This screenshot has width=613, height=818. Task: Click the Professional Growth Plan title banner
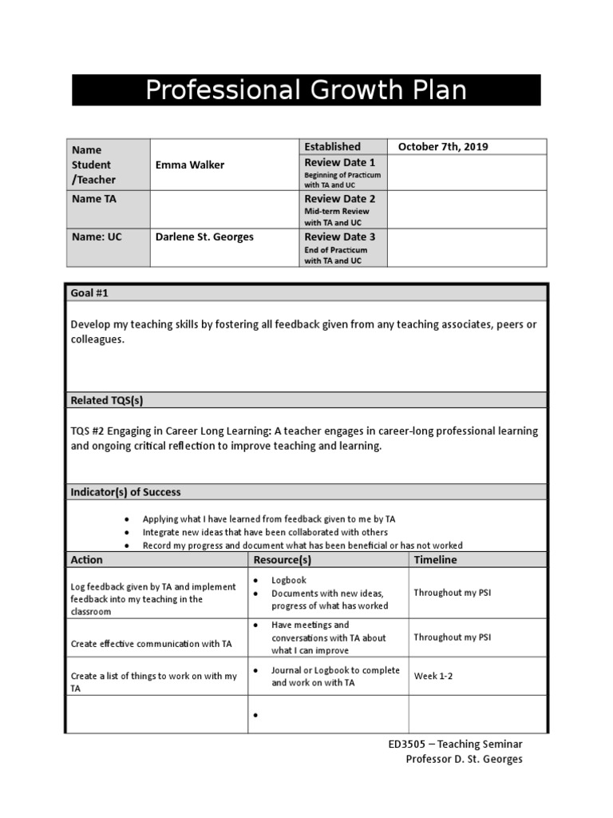306,90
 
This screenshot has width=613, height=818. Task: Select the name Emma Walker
190,165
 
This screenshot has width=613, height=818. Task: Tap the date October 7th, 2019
443,147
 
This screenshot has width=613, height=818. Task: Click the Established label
332,147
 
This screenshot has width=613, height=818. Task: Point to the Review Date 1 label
340,163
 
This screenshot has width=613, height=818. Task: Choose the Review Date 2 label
340,199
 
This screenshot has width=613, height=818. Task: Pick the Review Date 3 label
340,236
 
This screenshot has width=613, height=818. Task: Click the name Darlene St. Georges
204,236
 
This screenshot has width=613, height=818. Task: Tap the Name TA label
93,199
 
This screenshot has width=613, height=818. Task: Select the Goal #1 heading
89,293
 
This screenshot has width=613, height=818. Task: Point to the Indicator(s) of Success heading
126,492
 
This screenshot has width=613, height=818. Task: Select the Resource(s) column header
282,560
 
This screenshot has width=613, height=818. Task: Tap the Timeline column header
435,560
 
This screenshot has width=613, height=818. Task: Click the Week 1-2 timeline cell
432,676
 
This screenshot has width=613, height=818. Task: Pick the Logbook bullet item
288,581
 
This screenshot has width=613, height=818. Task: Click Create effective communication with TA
152,643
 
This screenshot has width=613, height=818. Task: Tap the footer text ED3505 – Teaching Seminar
455,744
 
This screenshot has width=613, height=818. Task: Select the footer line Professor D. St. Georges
464,759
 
